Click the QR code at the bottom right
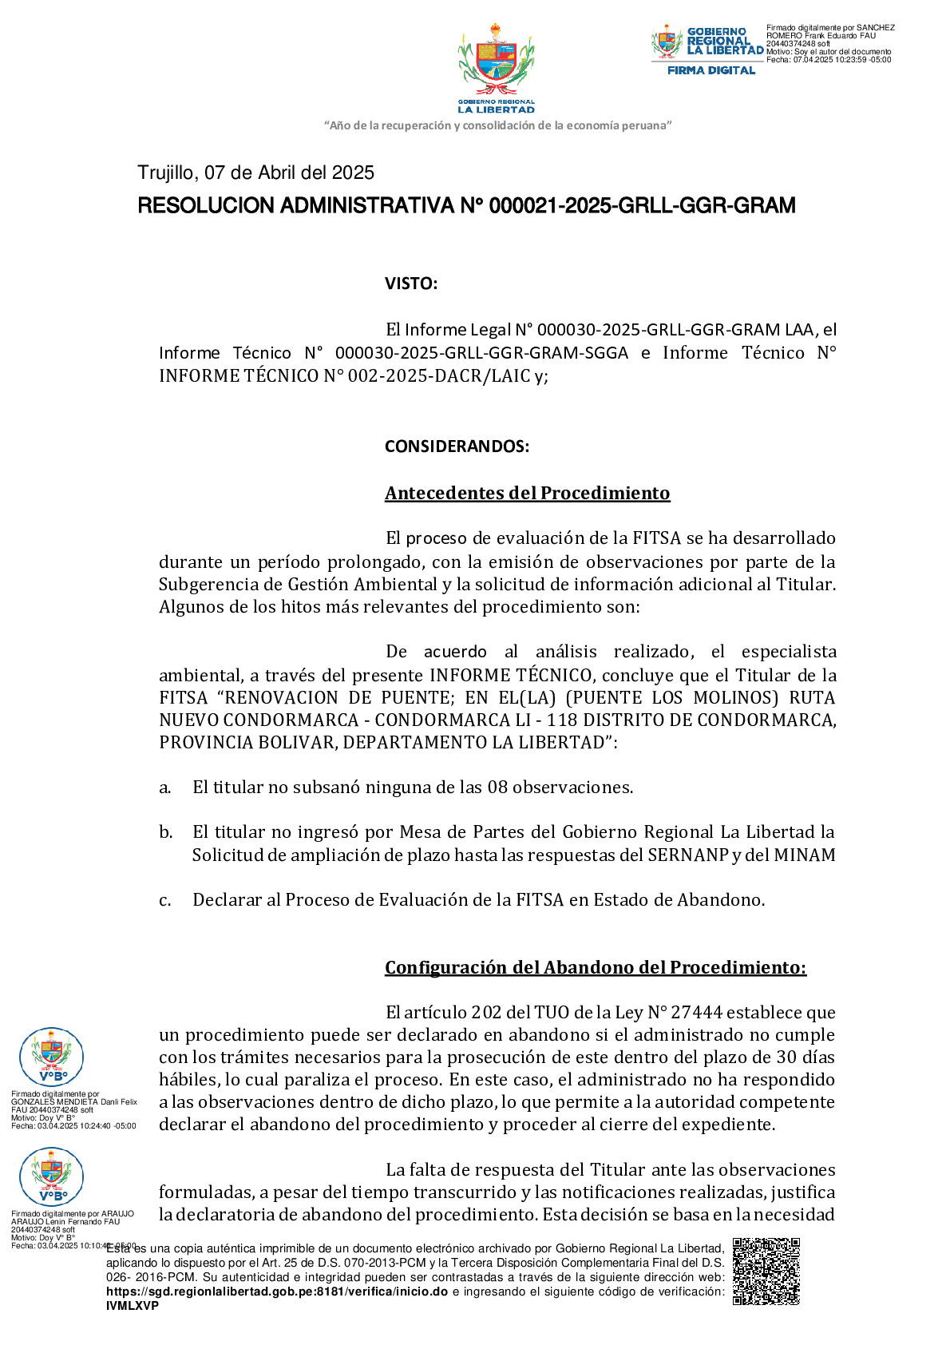[766, 1271]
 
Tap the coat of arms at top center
[496, 62]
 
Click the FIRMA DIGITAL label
[711, 70]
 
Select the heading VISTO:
[410, 284]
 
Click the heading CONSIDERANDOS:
[457, 446]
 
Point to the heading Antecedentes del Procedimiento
[527, 493]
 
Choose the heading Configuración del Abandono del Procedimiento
[595, 967]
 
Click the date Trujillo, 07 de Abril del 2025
[255, 173]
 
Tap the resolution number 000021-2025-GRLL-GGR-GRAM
[642, 206]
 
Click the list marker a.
[165, 788]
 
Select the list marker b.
[165, 832]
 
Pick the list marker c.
[165, 900]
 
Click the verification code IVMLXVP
[133, 1306]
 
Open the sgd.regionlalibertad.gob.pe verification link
[276, 1291]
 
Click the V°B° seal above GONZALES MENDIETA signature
[52, 1058]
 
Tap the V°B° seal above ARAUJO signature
[52, 1177]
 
